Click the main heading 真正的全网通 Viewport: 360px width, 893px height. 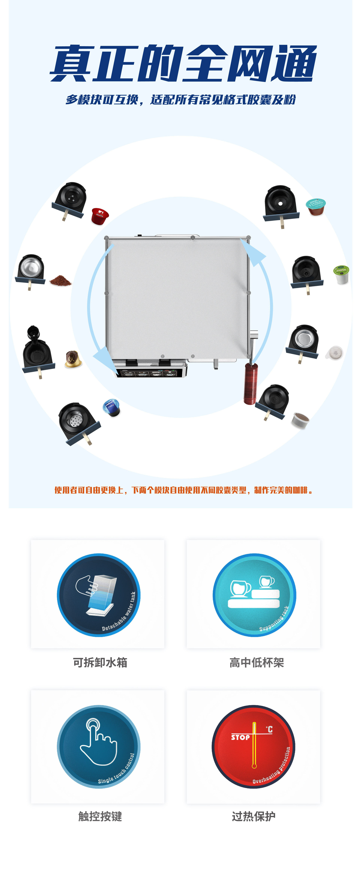coord(183,63)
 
